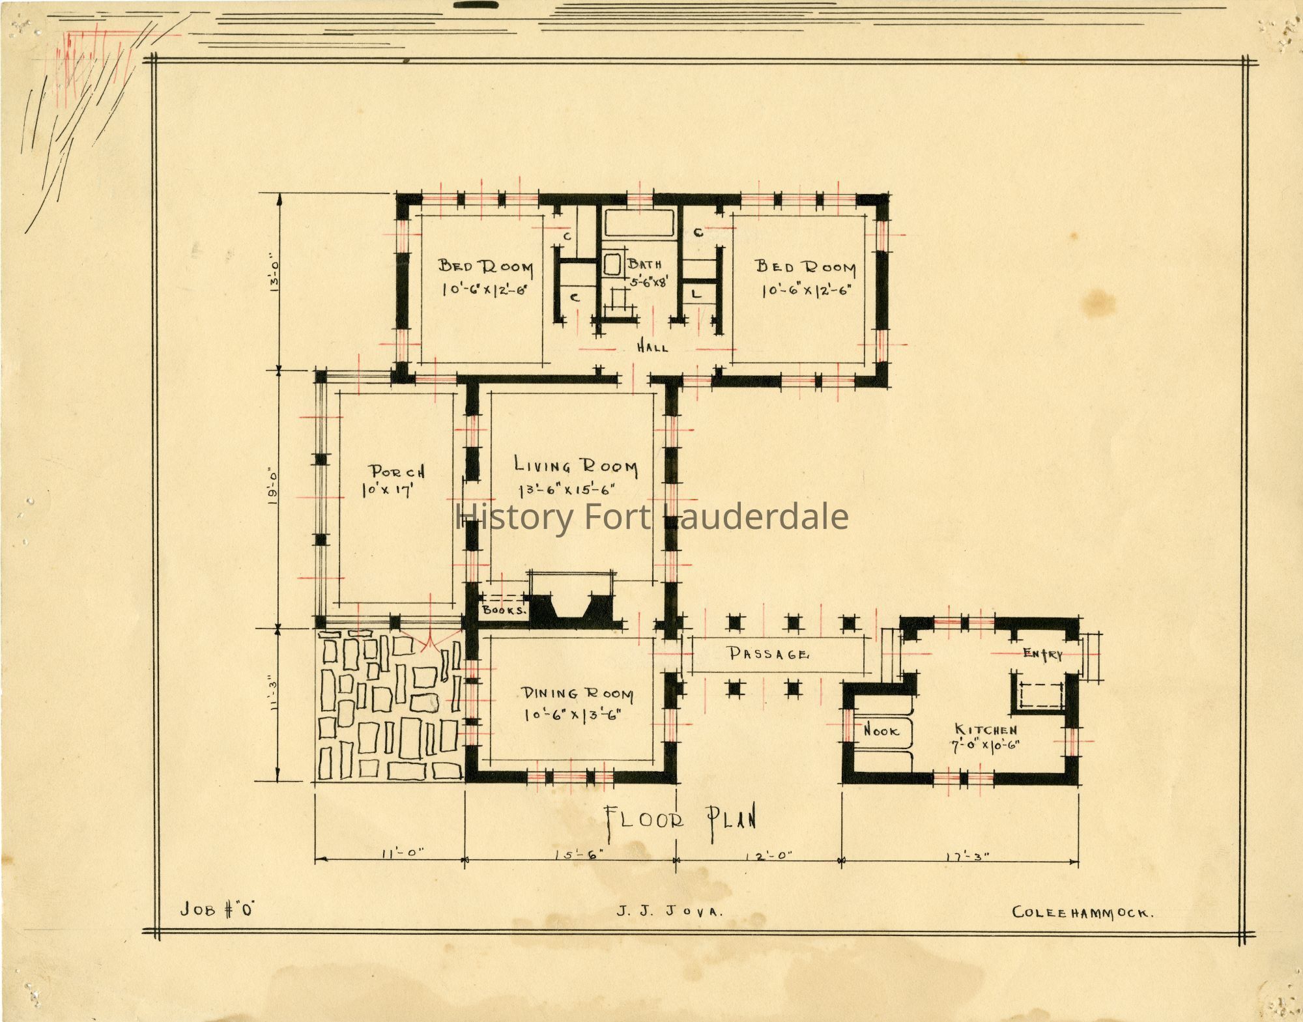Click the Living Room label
tap(576, 466)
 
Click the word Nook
tap(881, 731)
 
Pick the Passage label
tap(769, 653)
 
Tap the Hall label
tap(652, 347)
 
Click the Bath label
tap(645, 264)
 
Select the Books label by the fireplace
tap(504, 610)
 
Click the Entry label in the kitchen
tap(1042, 654)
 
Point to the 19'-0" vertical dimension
tap(274, 486)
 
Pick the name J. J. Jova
tap(670, 912)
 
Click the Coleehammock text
tap(1083, 913)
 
